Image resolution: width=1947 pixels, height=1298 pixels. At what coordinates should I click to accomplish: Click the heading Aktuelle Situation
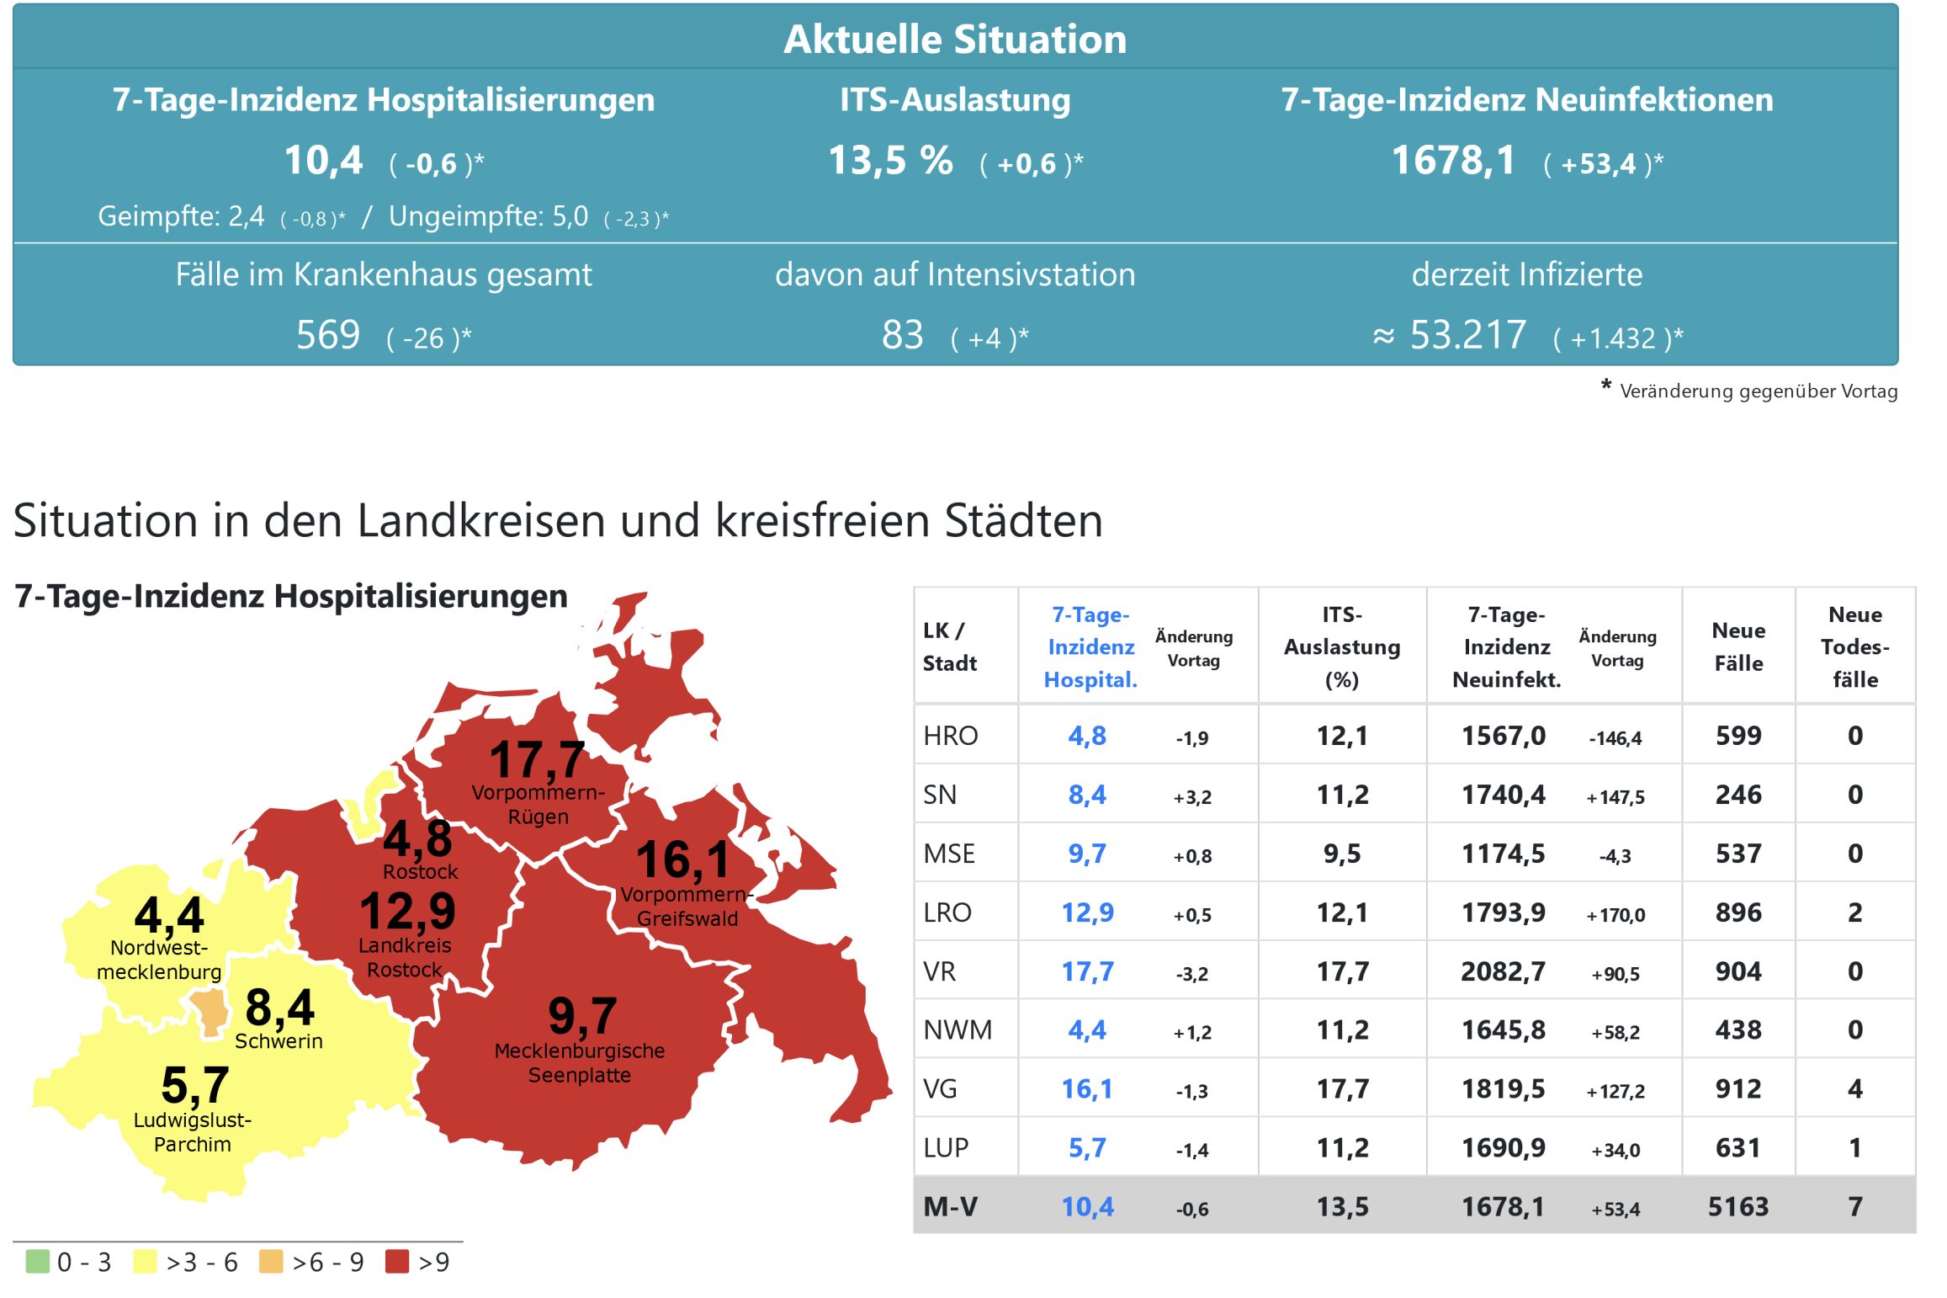click(x=954, y=39)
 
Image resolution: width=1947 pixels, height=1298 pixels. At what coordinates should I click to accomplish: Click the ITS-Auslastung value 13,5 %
click(x=890, y=160)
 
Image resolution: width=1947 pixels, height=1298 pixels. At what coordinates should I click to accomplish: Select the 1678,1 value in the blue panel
click(x=1453, y=160)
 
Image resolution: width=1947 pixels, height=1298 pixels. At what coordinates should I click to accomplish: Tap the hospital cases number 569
click(x=327, y=335)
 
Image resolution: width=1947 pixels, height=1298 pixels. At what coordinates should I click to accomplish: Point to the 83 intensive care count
click(x=902, y=335)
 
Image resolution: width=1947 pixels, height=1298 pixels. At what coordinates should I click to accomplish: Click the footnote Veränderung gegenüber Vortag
click(x=1758, y=391)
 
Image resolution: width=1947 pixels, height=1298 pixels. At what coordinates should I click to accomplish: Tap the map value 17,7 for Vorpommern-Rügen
click(x=537, y=759)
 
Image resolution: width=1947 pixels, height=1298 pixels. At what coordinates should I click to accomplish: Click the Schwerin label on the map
click(x=279, y=1041)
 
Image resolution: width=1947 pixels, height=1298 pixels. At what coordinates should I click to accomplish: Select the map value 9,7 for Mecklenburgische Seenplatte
click(x=582, y=1016)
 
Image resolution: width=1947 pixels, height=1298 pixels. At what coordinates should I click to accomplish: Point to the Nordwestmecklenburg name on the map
click(x=159, y=960)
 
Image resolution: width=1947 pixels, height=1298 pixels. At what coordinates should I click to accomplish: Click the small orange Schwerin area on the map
click(x=209, y=1011)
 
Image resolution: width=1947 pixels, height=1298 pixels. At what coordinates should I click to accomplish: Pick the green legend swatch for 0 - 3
click(x=38, y=1261)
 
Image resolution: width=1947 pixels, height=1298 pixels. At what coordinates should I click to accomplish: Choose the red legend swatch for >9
click(x=396, y=1261)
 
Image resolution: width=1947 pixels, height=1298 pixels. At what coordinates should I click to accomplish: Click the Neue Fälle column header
click(x=1737, y=646)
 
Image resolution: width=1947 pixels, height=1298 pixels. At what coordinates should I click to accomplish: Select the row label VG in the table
click(x=940, y=1088)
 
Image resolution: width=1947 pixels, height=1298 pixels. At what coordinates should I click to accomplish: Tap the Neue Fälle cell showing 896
click(x=1737, y=912)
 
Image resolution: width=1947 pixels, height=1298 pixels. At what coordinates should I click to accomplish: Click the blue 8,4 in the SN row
click(x=1087, y=795)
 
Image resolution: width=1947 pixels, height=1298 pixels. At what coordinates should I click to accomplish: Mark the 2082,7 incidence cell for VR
click(x=1503, y=971)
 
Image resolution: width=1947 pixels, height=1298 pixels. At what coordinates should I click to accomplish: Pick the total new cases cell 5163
click(x=1737, y=1207)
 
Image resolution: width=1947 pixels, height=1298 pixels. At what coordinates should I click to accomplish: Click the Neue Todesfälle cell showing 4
click(x=1854, y=1088)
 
